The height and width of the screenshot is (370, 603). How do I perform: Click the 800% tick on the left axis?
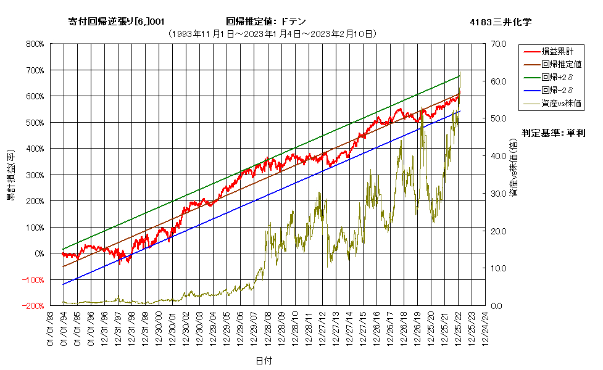pos(35,44)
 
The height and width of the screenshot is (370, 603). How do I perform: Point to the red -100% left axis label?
pos(33,280)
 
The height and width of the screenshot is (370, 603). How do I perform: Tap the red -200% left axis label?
pos(33,306)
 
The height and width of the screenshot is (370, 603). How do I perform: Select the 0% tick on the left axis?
pos(40,254)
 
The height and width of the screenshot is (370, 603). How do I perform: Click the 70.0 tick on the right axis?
pos(499,44)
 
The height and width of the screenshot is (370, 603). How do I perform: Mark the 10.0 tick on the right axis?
pos(499,269)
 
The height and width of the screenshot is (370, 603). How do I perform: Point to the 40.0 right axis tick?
pos(499,157)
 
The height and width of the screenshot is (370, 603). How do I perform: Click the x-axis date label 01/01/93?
pos(51,329)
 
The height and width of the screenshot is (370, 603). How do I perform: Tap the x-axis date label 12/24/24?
pos(485,329)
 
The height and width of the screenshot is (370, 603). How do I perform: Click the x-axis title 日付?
pos(264,361)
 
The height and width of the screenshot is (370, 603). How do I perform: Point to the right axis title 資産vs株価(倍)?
pos(514,168)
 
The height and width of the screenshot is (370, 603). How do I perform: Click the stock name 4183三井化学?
pos(501,22)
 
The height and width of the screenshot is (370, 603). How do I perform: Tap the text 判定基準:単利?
pos(554,133)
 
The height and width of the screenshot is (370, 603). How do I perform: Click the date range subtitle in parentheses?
pos(272,34)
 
